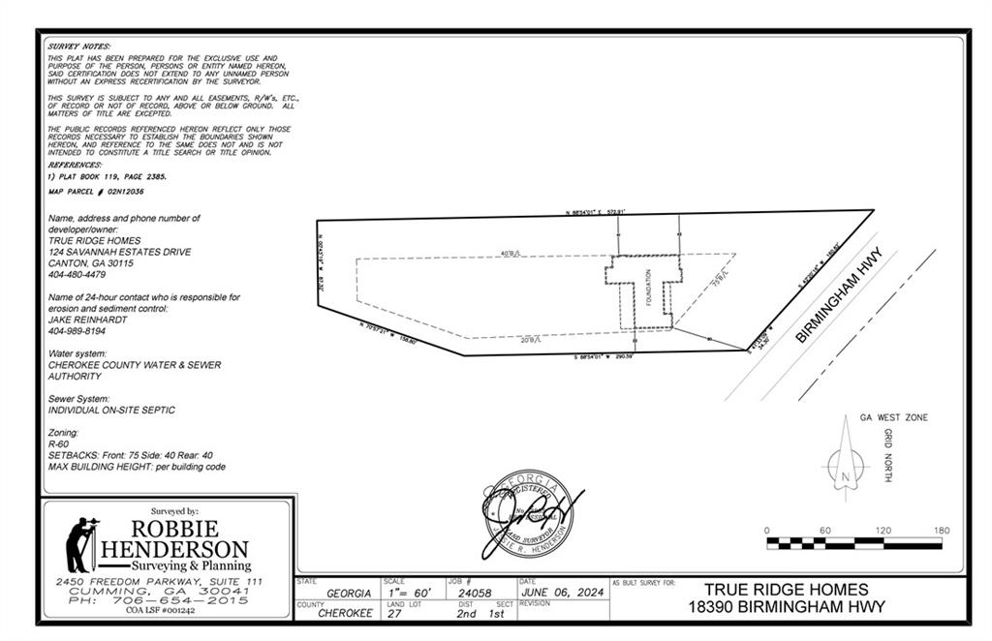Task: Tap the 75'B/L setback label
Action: coord(718,280)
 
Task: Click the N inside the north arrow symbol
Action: coord(845,477)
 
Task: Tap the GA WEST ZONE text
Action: coord(893,417)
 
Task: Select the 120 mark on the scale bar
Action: coord(883,531)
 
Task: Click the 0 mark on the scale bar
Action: coord(766,531)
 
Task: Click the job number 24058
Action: coord(472,592)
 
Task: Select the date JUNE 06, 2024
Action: coord(563,592)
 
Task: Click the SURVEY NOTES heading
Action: coord(79,46)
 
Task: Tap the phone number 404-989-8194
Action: coord(77,331)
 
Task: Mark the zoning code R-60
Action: coord(59,443)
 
